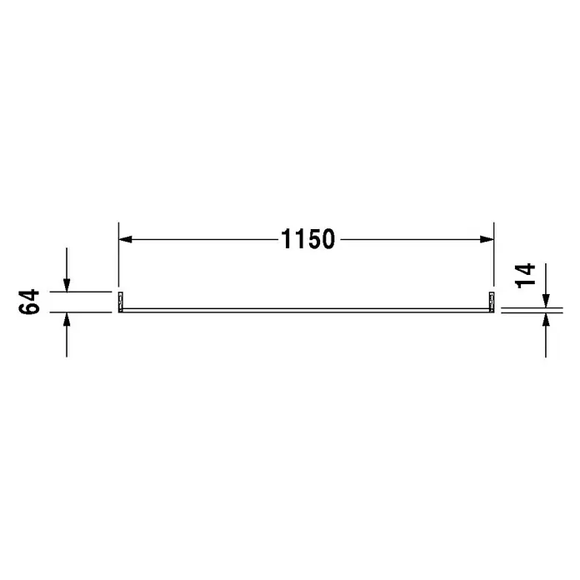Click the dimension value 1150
tap(308, 239)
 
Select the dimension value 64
tap(29, 302)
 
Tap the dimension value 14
tap(525, 276)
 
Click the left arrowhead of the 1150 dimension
tap(125, 239)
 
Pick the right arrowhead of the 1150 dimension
tap(487, 239)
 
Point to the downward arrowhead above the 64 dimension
tap(67, 285)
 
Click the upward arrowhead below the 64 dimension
tap(67, 319)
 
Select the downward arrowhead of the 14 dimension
tap(546, 301)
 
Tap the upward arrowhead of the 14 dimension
tap(546, 320)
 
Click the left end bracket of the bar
tap(121, 302)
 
